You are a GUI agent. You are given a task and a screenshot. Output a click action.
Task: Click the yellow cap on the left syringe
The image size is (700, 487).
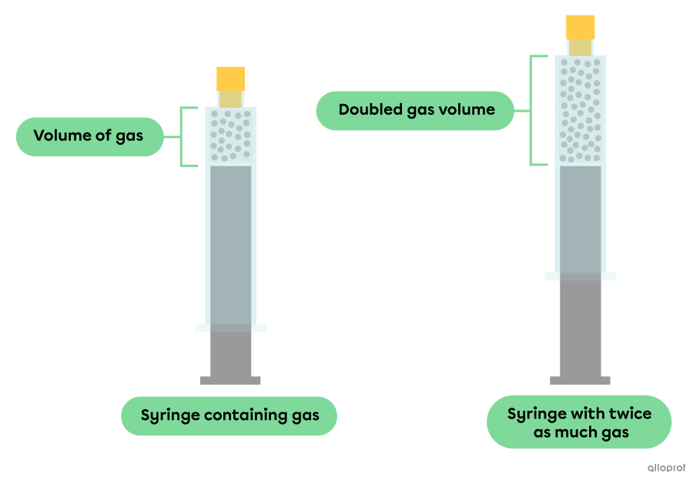coord(230,78)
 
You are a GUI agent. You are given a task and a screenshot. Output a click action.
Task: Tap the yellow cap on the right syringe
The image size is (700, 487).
coord(580,26)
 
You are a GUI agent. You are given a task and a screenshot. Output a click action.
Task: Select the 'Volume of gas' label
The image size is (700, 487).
coord(89,136)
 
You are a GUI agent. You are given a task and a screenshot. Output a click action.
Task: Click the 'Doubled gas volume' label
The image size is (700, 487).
coord(416,110)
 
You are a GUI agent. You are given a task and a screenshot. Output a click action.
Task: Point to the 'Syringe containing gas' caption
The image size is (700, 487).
coord(229,416)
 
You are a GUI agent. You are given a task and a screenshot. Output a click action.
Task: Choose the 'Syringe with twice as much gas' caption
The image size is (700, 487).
coord(579,423)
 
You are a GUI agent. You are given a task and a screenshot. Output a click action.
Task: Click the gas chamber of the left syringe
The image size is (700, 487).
coord(230,136)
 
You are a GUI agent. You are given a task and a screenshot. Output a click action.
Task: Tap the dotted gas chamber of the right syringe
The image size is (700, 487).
coord(580,110)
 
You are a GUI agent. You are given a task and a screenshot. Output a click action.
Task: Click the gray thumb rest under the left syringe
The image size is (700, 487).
coord(230,380)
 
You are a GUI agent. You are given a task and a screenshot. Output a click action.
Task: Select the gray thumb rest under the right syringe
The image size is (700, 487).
coord(580,380)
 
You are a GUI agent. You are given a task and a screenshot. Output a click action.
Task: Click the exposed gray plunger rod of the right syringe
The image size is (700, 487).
coord(580,327)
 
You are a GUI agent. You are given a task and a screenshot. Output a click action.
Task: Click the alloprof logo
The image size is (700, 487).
coord(666,466)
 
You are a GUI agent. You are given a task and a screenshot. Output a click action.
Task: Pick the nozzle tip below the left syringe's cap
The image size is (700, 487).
coord(230,99)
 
